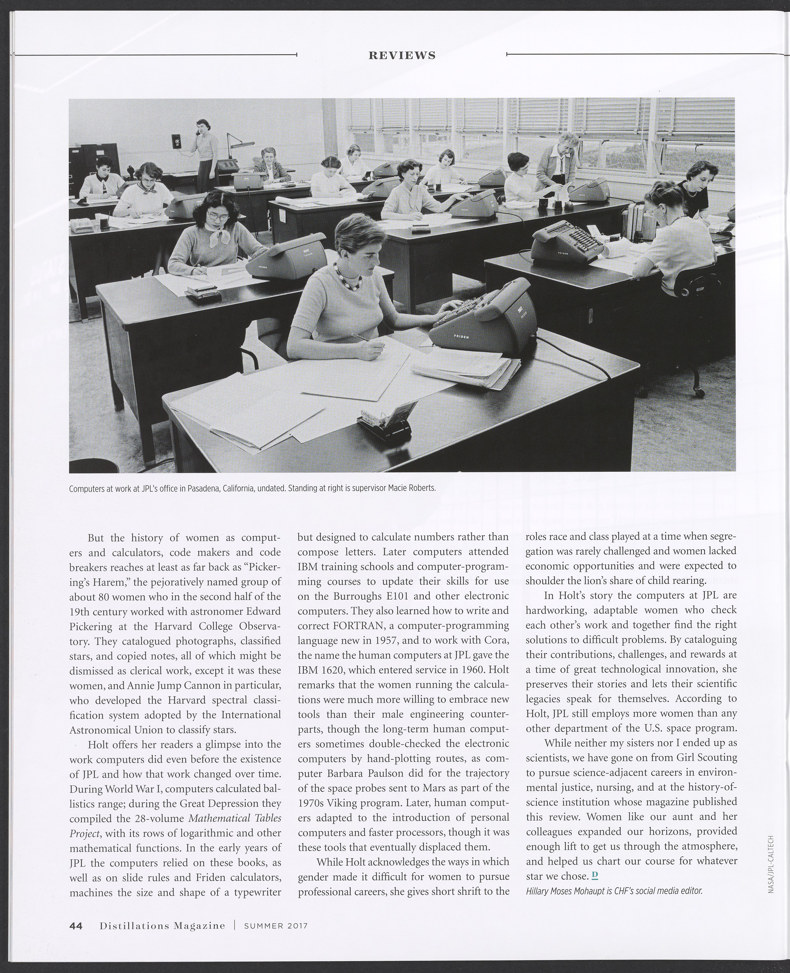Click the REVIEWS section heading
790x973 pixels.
[x=402, y=56]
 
